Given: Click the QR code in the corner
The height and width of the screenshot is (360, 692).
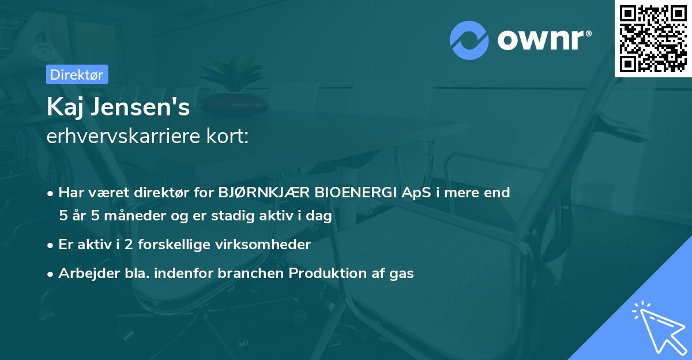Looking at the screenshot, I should (x=653, y=38).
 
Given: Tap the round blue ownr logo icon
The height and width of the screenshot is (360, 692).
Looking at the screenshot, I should (x=469, y=40).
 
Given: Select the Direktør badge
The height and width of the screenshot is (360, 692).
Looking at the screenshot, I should (x=77, y=74).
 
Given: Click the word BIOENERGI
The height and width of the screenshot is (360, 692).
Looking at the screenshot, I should (x=353, y=193).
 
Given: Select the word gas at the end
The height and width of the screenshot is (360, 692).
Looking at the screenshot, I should (x=401, y=273).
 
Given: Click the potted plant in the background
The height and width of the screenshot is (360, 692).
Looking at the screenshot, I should (x=234, y=81).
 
